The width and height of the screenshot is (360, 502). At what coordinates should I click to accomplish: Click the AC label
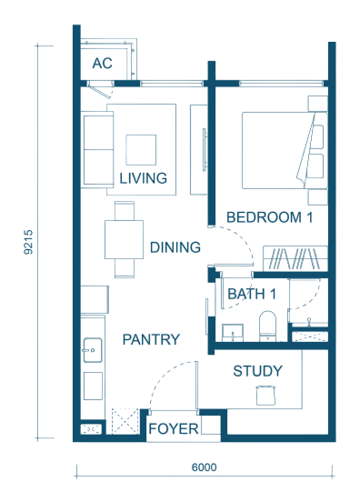click(103, 63)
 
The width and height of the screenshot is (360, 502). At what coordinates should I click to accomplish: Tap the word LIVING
click(144, 178)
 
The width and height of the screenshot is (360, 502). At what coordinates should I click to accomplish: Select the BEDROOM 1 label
click(269, 217)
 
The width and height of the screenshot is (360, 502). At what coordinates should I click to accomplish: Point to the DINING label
click(175, 247)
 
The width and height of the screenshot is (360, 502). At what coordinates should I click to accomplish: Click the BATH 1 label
click(252, 294)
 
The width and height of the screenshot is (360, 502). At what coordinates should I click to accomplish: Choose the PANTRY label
click(151, 339)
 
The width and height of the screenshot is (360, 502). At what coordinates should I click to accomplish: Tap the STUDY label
click(257, 371)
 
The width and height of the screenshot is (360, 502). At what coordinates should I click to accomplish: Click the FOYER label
click(174, 428)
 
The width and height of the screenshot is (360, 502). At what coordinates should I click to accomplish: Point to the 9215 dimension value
click(28, 242)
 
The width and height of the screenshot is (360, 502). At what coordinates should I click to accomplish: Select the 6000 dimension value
click(205, 467)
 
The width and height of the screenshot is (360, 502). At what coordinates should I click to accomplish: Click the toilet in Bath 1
click(267, 326)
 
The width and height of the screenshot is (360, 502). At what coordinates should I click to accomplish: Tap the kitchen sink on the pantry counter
click(93, 350)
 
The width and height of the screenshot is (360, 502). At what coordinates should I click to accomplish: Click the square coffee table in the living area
click(141, 150)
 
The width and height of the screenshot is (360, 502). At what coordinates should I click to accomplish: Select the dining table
click(124, 239)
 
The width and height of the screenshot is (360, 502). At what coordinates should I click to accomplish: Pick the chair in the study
click(265, 396)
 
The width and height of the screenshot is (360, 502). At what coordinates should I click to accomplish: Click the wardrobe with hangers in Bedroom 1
click(295, 258)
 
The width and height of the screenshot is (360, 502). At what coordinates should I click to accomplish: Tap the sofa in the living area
click(97, 149)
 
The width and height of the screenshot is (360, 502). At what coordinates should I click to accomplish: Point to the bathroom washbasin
click(233, 333)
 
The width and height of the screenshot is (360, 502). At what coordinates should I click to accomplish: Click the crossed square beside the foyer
click(125, 421)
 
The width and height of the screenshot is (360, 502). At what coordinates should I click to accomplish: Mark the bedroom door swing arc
click(245, 239)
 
